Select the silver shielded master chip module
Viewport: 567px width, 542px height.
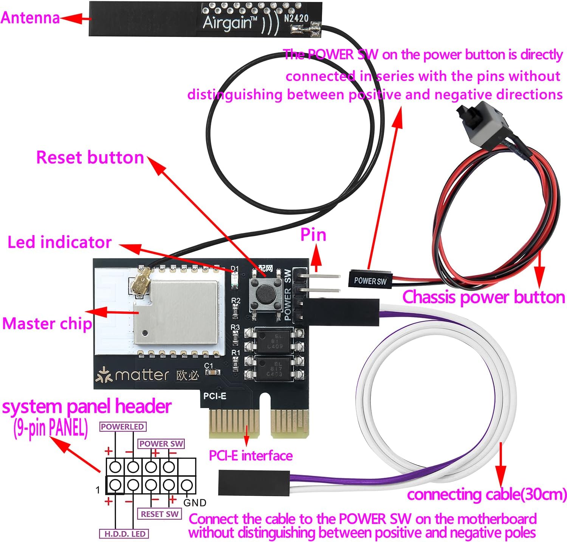tap(176, 312)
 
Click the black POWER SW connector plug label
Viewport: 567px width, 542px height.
tap(370, 281)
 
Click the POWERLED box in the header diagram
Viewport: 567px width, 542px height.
tap(122, 427)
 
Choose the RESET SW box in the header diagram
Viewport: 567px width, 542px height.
tap(160, 514)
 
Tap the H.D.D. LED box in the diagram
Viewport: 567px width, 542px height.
tap(125, 534)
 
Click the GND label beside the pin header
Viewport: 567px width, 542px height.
tap(195, 503)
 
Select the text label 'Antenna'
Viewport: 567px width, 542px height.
tap(30, 18)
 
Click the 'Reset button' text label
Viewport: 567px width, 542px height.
tap(90, 157)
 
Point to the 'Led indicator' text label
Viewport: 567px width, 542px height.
tap(59, 242)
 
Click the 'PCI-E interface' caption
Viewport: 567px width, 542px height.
tap(251, 455)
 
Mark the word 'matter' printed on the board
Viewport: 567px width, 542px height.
tap(142, 375)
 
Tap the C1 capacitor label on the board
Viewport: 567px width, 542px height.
tap(209, 366)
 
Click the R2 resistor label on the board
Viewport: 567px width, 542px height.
tap(235, 301)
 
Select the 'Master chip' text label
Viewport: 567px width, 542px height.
tap(47, 324)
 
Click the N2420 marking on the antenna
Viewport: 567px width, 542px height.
tap(296, 18)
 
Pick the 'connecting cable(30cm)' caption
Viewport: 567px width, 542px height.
tap(487, 494)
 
